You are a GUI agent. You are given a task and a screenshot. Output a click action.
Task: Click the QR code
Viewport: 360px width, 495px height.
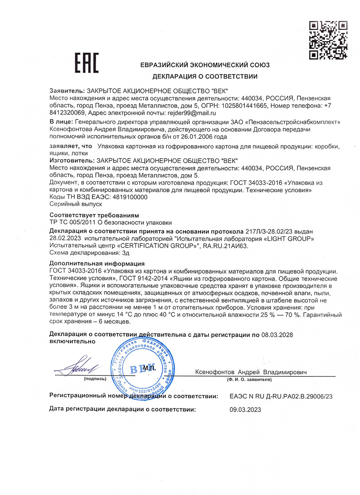tap(328, 40)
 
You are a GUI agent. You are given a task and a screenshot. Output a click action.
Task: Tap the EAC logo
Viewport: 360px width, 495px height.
tap(86, 63)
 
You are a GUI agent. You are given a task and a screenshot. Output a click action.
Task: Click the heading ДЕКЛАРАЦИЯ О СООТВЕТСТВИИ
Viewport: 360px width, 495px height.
tap(205, 76)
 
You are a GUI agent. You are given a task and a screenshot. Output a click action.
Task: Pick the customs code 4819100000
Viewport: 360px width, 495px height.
tap(130, 197)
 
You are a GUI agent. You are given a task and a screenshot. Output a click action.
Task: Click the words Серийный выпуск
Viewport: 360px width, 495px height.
tap(76, 204)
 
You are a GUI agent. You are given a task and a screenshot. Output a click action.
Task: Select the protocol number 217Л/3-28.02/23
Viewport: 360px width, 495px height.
tap(269, 231)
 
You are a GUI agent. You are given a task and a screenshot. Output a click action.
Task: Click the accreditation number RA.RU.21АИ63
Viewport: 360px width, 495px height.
tap(225, 246)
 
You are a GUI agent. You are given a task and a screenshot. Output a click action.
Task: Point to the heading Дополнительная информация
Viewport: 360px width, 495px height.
tap(97, 264)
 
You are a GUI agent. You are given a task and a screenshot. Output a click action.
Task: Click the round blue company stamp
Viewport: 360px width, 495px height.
tap(143, 368)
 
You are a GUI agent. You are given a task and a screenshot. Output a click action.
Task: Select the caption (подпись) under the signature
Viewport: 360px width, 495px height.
tap(95, 379)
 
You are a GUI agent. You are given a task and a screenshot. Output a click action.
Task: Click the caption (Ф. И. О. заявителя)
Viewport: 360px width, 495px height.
tap(249, 379)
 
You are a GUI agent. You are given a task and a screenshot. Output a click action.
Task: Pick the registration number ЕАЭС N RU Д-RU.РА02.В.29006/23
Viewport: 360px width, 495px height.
tap(281, 397)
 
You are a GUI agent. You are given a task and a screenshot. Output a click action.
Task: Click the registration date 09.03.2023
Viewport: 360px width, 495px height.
tap(245, 410)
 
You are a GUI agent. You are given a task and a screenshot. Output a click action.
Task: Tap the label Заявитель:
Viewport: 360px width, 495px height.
tap(67, 91)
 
